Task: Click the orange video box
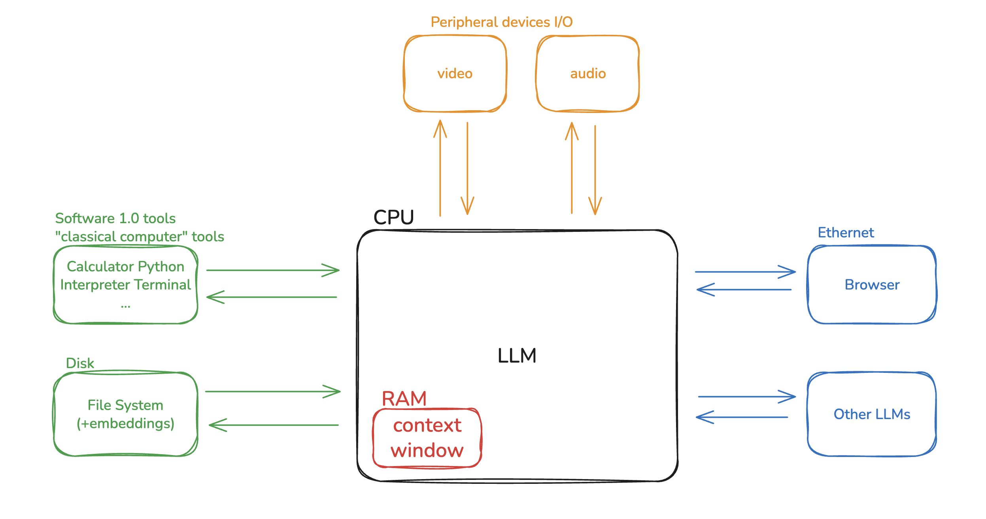click(455, 74)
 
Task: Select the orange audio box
click(587, 74)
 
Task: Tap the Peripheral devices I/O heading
click(501, 22)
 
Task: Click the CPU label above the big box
click(393, 217)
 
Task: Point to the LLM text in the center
click(517, 355)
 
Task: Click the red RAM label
click(404, 399)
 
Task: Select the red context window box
click(427, 438)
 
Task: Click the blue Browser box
click(872, 285)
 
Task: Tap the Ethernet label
click(846, 233)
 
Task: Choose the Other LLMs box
click(872, 414)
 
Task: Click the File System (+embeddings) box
click(125, 414)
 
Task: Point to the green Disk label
click(80, 363)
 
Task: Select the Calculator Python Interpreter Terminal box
click(125, 285)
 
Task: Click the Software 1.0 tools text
click(115, 218)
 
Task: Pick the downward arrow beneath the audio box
click(595, 170)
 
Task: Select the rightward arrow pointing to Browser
click(745, 272)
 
